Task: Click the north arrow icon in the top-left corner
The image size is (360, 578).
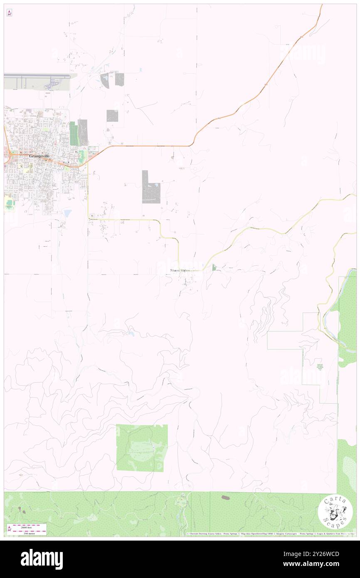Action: (9, 13)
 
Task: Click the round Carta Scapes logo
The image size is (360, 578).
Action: (335, 511)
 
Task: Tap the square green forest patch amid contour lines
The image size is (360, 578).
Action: (142, 448)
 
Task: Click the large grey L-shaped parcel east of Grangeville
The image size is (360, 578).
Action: (150, 188)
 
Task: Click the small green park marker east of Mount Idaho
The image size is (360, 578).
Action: (214, 267)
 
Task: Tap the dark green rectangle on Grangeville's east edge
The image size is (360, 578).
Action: (74, 134)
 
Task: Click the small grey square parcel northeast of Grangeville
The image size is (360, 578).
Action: (112, 116)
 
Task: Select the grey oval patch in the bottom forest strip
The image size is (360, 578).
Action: (225, 497)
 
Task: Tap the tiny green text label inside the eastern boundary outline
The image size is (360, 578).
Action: (319, 366)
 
